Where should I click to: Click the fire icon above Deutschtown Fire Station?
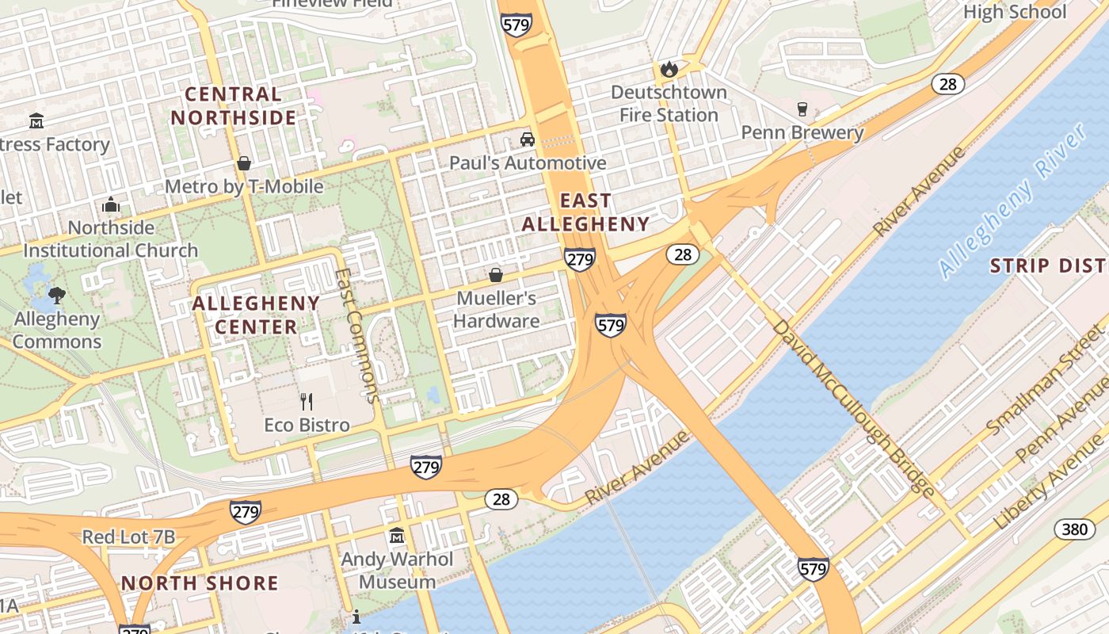click(x=669, y=69)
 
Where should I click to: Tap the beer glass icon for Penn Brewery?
click(x=802, y=109)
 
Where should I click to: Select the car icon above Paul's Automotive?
click(x=527, y=139)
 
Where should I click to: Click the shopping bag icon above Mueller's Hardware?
click(x=496, y=275)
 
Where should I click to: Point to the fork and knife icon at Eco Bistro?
click(x=307, y=402)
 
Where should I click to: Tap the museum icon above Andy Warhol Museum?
click(x=397, y=536)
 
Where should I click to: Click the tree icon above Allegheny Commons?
click(x=56, y=296)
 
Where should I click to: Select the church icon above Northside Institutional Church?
click(x=111, y=205)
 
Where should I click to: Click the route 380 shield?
click(x=1074, y=529)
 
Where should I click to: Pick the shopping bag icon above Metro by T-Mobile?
click(x=244, y=163)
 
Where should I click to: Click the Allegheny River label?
click(x=1014, y=202)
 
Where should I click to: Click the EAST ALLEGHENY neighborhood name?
click(x=585, y=212)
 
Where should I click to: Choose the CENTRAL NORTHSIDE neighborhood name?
click(x=234, y=106)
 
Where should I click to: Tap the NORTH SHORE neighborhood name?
click(x=200, y=583)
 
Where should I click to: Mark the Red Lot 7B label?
click(x=128, y=537)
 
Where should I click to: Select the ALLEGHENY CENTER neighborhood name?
click(x=256, y=315)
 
